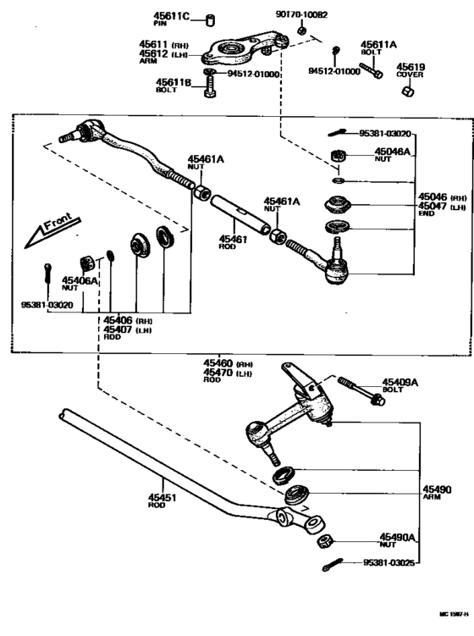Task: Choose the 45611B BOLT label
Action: [172, 86]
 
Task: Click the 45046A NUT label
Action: [393, 156]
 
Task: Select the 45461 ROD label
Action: [233, 242]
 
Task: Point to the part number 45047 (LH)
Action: [438, 207]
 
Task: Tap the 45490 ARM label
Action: [439, 492]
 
